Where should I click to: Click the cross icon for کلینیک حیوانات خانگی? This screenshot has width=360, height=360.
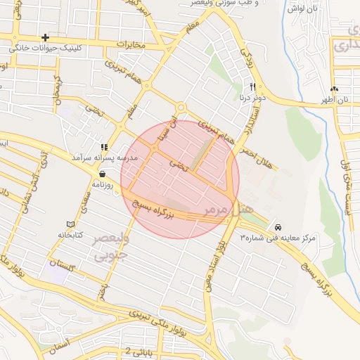(x=46, y=37)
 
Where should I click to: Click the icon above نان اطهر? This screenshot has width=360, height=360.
(x=334, y=89)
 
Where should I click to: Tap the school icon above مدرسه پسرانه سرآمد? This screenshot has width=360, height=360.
(x=103, y=147)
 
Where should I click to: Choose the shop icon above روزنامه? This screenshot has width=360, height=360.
(x=103, y=174)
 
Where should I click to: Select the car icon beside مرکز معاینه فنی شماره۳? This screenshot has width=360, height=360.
(x=279, y=228)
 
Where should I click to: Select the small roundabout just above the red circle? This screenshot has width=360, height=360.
(x=181, y=108)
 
